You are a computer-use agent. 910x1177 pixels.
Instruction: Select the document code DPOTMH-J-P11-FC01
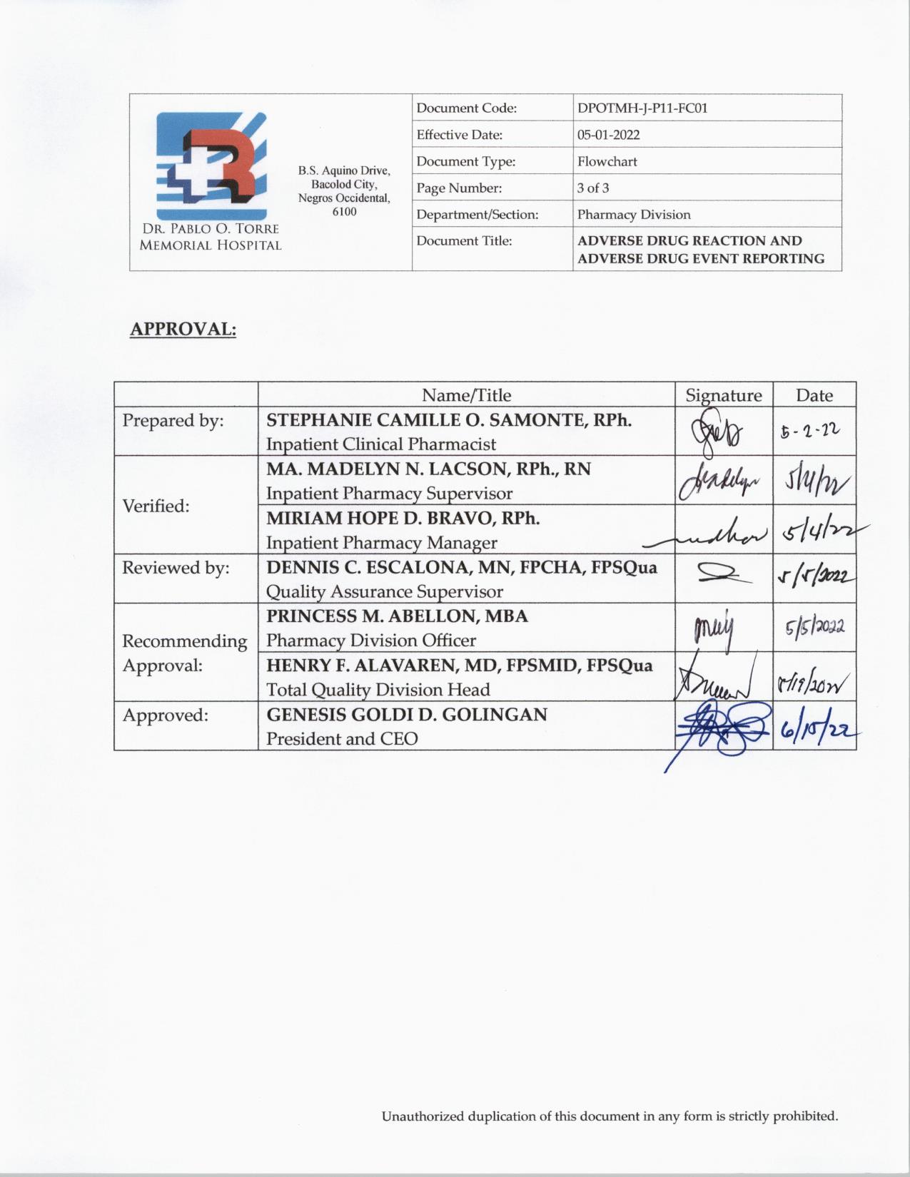click(642, 108)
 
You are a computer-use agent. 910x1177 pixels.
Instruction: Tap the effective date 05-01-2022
click(608, 135)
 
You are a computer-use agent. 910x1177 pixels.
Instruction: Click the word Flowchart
click(607, 161)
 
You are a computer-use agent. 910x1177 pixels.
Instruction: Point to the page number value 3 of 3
click(593, 188)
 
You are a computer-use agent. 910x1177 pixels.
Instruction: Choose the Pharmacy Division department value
click(634, 215)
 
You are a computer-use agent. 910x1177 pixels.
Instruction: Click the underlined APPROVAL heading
click(183, 330)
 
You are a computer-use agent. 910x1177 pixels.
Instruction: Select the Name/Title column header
click(466, 395)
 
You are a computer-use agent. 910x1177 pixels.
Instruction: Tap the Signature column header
click(723, 395)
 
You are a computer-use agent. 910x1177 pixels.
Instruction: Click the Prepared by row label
click(173, 421)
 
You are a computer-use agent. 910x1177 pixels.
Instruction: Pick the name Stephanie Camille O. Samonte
click(449, 419)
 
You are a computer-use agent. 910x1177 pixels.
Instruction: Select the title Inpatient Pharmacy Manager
click(381, 543)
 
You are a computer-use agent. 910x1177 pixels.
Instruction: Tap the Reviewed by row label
click(176, 568)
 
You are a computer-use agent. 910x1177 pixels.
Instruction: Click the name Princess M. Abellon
click(397, 616)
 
